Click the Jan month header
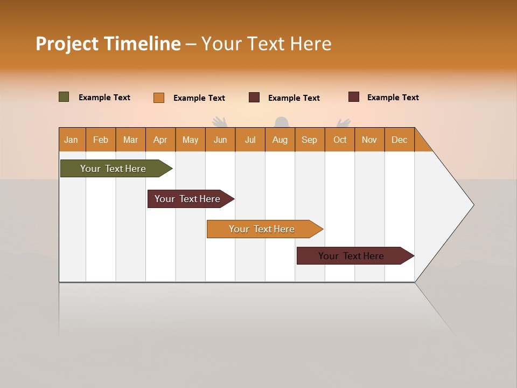tap(72, 140)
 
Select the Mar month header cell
tap(130, 140)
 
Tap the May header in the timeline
tap(190, 140)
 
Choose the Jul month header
tap(250, 140)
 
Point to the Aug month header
tap(280, 140)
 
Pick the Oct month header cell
tap(340, 140)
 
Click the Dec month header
tap(399, 140)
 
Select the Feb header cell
tap(101, 140)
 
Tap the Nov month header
tap(369, 140)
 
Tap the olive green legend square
tap(64, 97)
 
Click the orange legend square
tap(159, 98)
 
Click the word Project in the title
tap(67, 44)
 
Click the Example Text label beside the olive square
tap(104, 98)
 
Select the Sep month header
tap(309, 140)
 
